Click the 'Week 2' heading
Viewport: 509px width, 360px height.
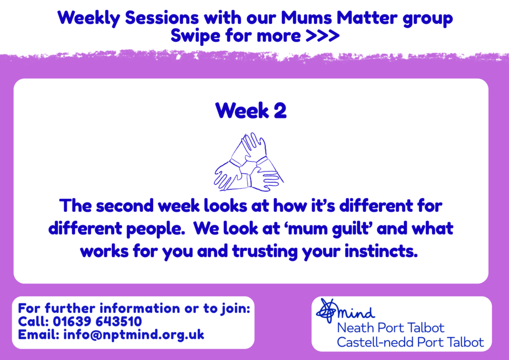[x=251, y=111]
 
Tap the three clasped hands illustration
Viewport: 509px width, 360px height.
[x=249, y=162]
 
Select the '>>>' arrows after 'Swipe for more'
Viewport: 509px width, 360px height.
[x=323, y=36]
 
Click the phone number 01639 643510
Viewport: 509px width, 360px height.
[x=97, y=321]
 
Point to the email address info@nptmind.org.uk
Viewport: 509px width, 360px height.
[x=134, y=335]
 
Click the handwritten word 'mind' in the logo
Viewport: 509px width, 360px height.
[x=356, y=312]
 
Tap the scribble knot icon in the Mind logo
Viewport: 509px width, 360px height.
[x=327, y=310]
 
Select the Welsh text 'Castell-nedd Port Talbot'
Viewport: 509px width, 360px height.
[x=410, y=342]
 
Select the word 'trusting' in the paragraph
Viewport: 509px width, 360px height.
[x=265, y=252]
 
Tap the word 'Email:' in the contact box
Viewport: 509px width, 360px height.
[x=39, y=334]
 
